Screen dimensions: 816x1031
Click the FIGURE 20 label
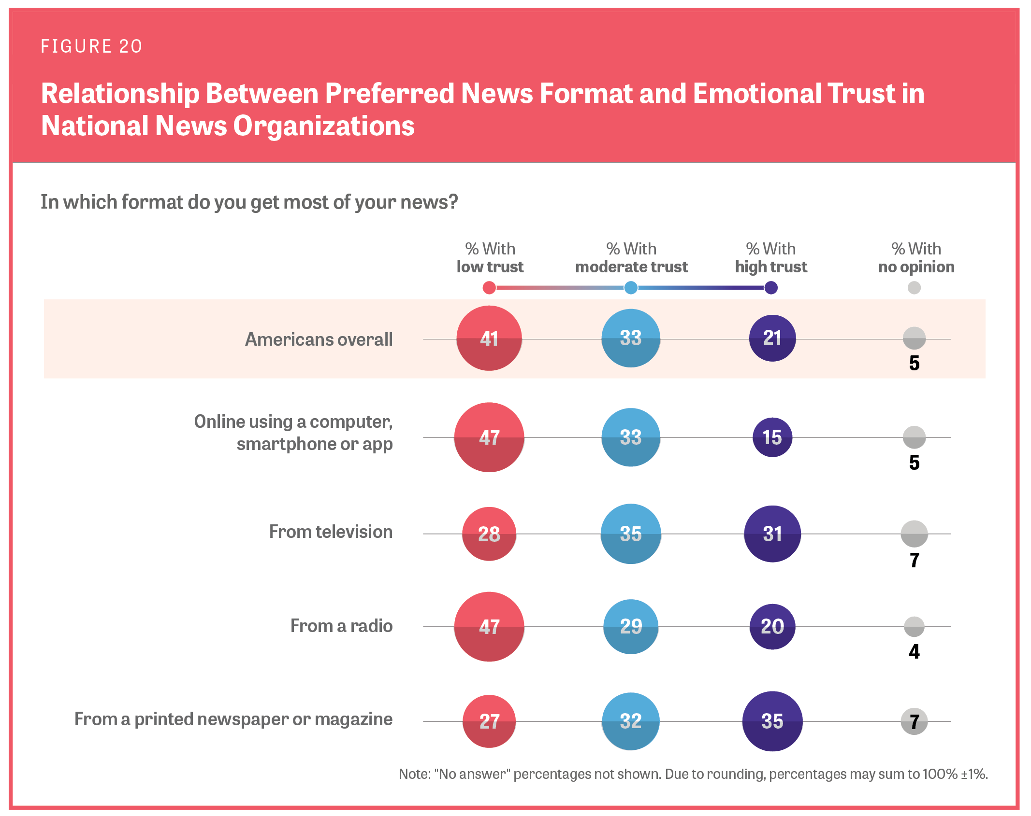[x=91, y=46]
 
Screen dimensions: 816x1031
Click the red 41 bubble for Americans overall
[x=489, y=338]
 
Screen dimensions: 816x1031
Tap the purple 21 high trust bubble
[x=772, y=338]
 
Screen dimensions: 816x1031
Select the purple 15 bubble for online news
[x=772, y=437]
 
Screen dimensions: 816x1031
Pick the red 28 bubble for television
[x=489, y=534]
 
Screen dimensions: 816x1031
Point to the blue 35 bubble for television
[x=630, y=534]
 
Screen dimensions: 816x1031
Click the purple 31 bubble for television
[x=772, y=534]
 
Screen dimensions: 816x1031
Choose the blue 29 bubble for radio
[x=630, y=627]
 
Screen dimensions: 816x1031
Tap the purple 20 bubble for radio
[x=772, y=627]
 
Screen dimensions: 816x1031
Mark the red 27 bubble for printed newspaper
[x=489, y=721]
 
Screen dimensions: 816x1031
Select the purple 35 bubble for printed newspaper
[x=772, y=721]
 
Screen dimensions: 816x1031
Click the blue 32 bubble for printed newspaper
[x=630, y=721]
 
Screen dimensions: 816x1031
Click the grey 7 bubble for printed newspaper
[x=914, y=721]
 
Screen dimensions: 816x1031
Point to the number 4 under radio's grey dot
[x=914, y=652]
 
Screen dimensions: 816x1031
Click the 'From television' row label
[x=331, y=532]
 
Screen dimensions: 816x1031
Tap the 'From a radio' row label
[x=341, y=626]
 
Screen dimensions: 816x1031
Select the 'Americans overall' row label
[x=319, y=339]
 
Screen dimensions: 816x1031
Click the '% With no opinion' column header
[x=916, y=258]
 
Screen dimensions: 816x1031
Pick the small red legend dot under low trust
[x=489, y=288]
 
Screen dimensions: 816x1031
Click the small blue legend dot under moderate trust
[x=630, y=288]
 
